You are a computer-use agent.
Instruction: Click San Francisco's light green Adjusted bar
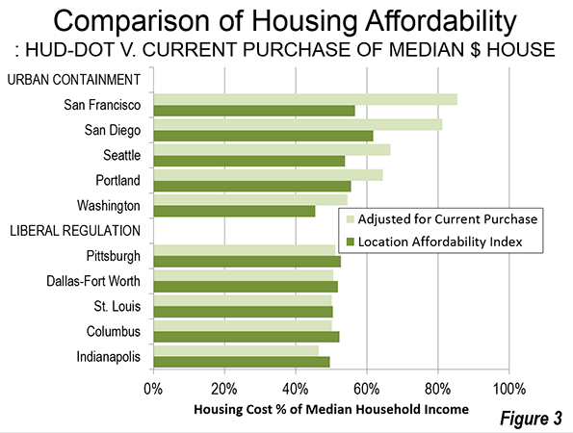click(305, 99)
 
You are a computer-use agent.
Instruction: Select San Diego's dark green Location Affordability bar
click(264, 136)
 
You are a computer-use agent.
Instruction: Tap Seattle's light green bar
click(272, 150)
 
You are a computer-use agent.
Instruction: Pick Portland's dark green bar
click(252, 187)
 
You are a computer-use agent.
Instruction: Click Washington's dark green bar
click(234, 211)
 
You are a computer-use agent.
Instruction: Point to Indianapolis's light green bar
click(236, 351)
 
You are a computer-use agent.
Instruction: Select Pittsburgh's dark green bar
click(247, 262)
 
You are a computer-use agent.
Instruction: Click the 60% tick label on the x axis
click(367, 389)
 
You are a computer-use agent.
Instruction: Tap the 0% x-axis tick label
click(153, 389)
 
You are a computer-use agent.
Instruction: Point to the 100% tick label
click(509, 389)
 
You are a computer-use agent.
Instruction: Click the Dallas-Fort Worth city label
click(93, 281)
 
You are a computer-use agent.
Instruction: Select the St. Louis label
click(117, 306)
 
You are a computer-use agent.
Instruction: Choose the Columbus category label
click(114, 331)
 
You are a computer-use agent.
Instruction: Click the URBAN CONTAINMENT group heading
click(74, 80)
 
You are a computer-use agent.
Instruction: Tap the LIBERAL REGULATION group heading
click(75, 231)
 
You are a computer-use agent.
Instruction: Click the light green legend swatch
click(351, 219)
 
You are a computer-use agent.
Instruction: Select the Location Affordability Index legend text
click(440, 242)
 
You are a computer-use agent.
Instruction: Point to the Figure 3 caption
click(531, 418)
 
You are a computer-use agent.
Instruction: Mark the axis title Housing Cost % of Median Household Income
click(331, 409)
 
